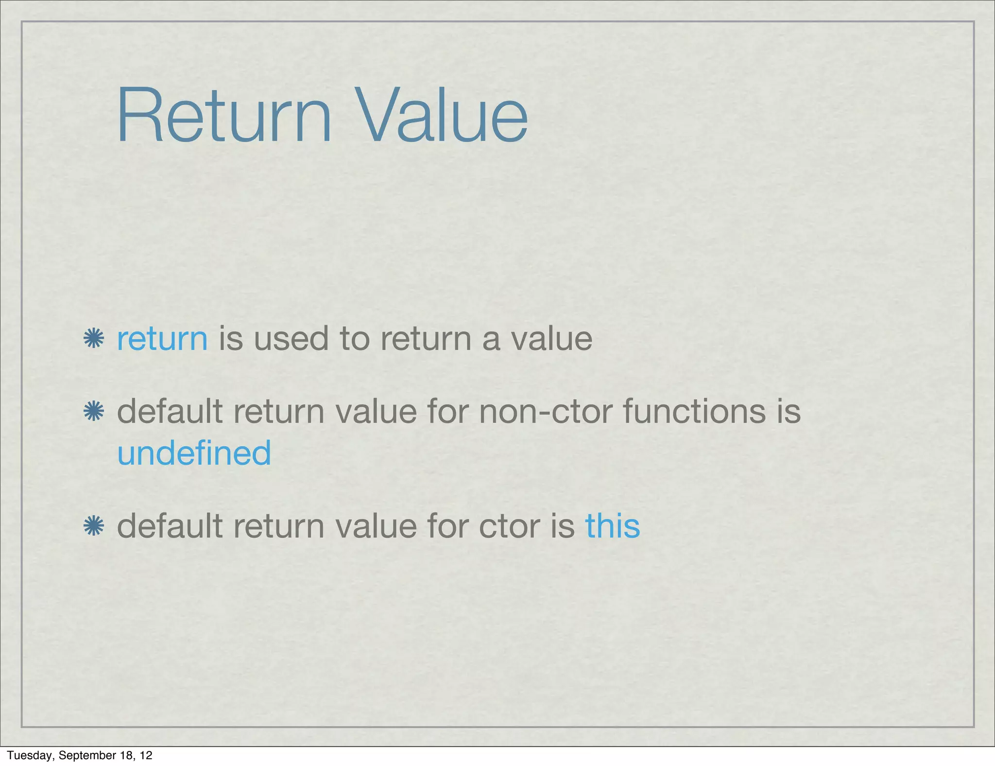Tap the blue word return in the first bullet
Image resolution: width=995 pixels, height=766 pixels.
(162, 339)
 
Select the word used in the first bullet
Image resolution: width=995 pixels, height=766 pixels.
(291, 339)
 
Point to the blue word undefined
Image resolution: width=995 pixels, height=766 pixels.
(194, 453)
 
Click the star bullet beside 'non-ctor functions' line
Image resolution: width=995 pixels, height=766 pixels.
(93, 412)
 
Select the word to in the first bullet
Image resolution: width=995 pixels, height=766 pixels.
(355, 339)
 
